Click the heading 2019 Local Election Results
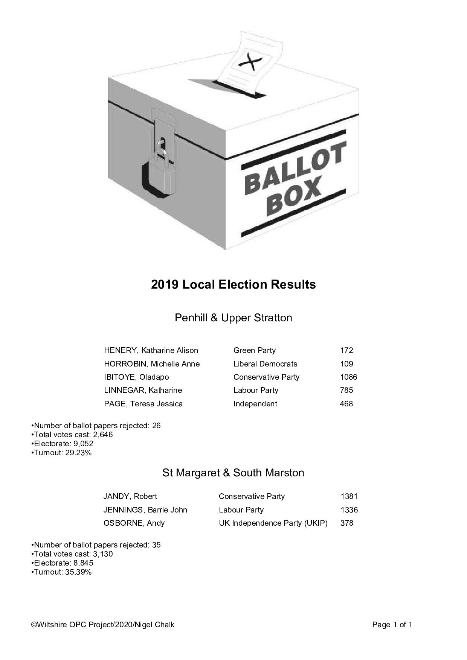[x=233, y=284]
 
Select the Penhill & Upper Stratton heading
[x=233, y=318]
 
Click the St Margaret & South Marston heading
[x=233, y=473]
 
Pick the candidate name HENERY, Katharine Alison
[x=151, y=350]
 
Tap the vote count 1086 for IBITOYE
[x=348, y=377]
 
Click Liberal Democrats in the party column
[x=265, y=364]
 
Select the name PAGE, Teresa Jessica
[x=143, y=404]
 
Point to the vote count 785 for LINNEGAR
[x=346, y=390]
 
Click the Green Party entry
[x=255, y=350]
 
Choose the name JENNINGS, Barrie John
[x=145, y=510]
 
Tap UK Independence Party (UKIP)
[x=273, y=523]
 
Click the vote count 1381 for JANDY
[x=349, y=496]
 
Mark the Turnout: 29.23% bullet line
[x=62, y=453]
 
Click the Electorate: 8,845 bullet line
[x=63, y=563]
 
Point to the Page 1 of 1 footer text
[x=392, y=625]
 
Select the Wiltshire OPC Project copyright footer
[x=103, y=625]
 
